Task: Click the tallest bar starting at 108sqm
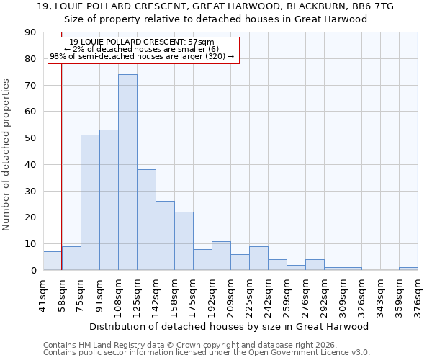pos(127,172)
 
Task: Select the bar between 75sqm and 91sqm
pos(90,202)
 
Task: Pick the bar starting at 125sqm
pos(146,220)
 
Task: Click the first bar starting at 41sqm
pos(53,261)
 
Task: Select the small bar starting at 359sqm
pos(408,269)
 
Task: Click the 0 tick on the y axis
pos(35,271)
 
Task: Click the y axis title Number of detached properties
pos(6,155)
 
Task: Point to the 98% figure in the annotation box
pos(58,56)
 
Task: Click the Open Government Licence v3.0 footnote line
pos(206,353)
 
